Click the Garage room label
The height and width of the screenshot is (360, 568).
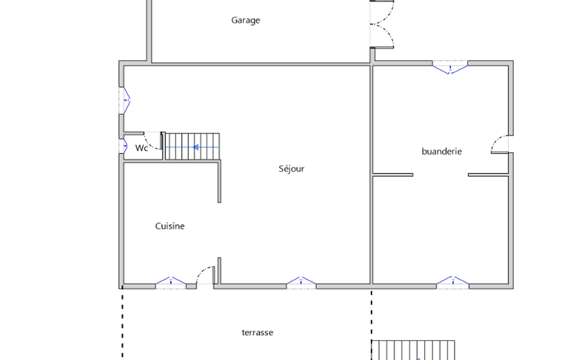click(x=245, y=20)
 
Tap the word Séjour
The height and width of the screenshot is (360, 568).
click(x=291, y=169)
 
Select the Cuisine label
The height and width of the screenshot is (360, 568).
click(x=170, y=226)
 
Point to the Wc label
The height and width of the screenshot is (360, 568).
click(x=141, y=148)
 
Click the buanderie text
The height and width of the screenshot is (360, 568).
click(x=442, y=151)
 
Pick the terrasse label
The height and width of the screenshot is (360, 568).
click(x=258, y=332)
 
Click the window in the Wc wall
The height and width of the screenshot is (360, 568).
click(x=124, y=146)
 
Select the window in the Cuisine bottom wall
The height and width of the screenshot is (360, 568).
click(x=171, y=282)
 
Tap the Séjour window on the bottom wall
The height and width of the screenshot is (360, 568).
click(x=301, y=282)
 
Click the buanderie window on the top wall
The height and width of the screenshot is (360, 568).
click(x=450, y=68)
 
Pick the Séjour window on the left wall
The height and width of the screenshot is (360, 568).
click(x=125, y=101)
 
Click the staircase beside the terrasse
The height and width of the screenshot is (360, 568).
click(x=413, y=350)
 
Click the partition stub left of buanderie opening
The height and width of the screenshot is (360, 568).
click(x=393, y=175)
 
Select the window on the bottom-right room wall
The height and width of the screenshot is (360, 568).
click(x=453, y=282)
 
